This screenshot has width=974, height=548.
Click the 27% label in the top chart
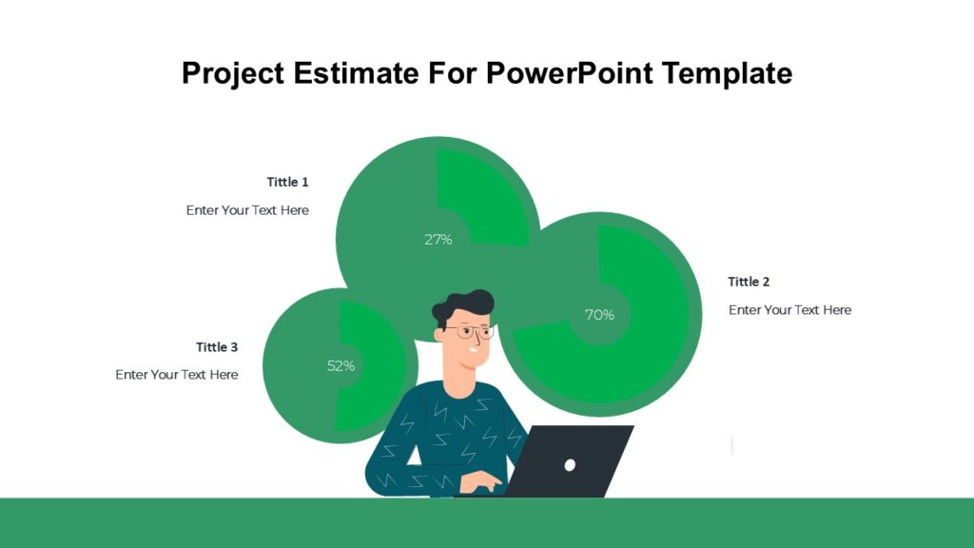click(x=438, y=240)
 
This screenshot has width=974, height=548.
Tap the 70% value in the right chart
click(x=598, y=315)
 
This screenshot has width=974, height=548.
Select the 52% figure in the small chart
click(x=341, y=365)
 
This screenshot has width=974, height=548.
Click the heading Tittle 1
click(x=287, y=182)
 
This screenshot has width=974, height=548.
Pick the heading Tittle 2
click(x=749, y=282)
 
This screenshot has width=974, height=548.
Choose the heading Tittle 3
click(x=217, y=347)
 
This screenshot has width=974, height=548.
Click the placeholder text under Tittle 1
click(x=247, y=210)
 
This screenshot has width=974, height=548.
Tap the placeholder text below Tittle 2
click(x=789, y=310)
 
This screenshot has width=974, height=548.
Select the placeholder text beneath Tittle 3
click(x=177, y=375)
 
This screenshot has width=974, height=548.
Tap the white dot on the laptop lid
click(x=570, y=464)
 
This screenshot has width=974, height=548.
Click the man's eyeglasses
click(x=471, y=332)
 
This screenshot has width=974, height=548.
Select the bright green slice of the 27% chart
click(x=485, y=200)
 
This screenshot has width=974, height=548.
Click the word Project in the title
click(x=234, y=73)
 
